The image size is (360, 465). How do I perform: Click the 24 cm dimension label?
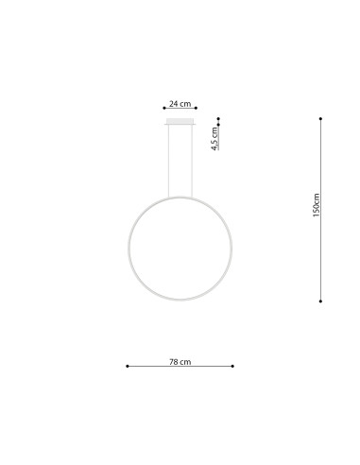tap(180, 102)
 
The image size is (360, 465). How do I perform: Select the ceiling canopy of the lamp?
tap(180, 122)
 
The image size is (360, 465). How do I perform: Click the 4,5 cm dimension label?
tap(214, 141)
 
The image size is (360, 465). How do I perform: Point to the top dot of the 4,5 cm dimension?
tap(218, 118)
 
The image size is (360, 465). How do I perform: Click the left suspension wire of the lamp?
tap(168, 162)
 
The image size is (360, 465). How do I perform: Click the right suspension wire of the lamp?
tap(193, 162)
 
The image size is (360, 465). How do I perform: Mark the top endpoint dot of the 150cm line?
tap(321, 118)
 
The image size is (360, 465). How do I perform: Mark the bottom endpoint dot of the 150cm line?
tap(321, 301)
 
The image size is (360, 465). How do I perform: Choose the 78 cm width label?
tap(180, 361)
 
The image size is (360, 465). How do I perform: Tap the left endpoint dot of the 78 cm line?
tap(128, 367)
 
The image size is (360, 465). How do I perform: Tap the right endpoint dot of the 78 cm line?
tap(233, 367)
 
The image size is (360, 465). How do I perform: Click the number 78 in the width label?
tap(175, 361)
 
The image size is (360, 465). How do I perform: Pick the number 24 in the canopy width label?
tap(175, 102)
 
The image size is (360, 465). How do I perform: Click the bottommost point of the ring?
tap(180, 301)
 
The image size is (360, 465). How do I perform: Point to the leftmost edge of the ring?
tap(129, 249)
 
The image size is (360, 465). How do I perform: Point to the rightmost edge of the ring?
tap(232, 249)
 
